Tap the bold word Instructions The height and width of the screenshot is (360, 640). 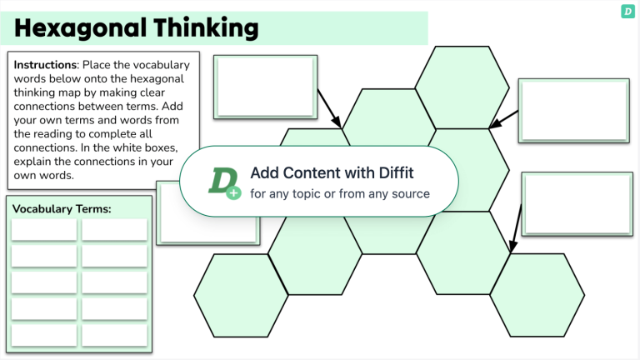[45, 64]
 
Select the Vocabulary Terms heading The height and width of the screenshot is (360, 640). [62, 208]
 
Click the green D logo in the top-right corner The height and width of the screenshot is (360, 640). [627, 11]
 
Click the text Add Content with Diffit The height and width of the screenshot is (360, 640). [332, 172]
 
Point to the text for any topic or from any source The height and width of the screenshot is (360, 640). [340, 193]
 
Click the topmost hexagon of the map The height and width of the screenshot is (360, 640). [457, 87]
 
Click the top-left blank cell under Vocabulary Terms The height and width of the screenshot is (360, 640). [44, 229]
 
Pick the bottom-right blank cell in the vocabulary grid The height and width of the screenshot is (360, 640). [114, 334]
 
